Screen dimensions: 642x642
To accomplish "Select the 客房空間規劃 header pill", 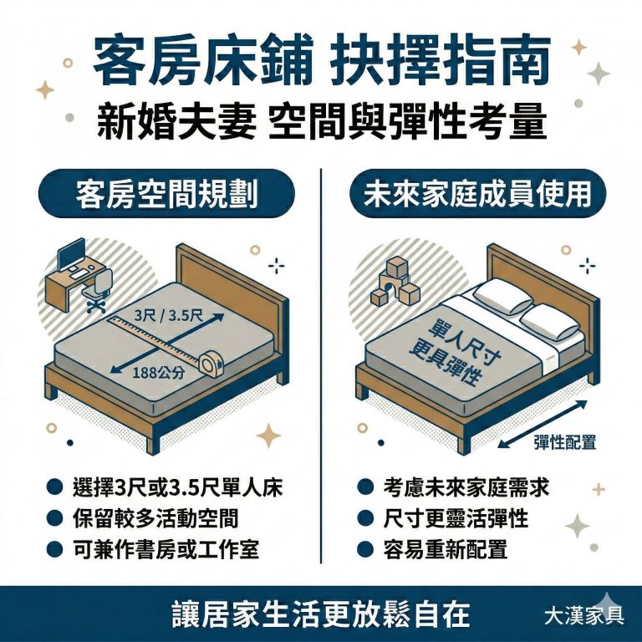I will pyautogui.click(x=166, y=195).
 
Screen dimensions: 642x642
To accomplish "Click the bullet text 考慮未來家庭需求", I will pyautogui.click(x=466, y=487).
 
